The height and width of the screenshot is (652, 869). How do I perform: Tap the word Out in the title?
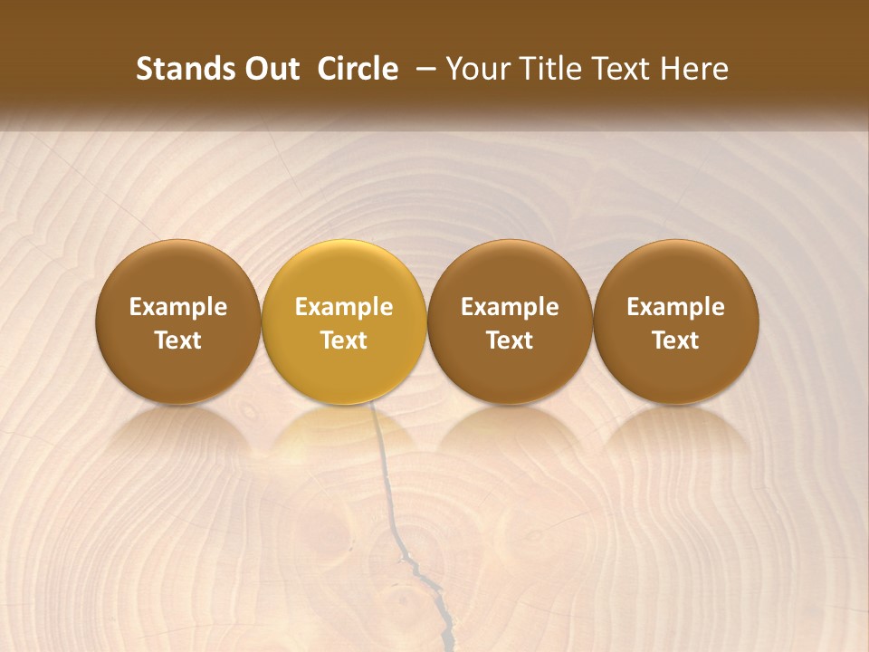point(270,70)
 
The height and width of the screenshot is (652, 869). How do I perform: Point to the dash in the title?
point(422,70)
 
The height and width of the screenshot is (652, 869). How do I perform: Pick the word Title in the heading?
point(549,70)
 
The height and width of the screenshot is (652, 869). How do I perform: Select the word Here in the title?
point(694,70)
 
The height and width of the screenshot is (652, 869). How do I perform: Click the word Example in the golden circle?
point(344,307)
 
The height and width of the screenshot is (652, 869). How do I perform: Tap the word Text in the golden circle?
point(344,340)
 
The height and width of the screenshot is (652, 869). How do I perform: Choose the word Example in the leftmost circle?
point(178,307)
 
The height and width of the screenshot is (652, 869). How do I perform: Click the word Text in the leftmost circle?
point(178,340)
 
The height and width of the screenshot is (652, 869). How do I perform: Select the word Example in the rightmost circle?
point(676,307)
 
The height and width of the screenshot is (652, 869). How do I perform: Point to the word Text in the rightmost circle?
point(676,340)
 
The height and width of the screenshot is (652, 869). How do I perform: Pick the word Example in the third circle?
point(510,307)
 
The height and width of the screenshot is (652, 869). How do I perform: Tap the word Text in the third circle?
point(510,340)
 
